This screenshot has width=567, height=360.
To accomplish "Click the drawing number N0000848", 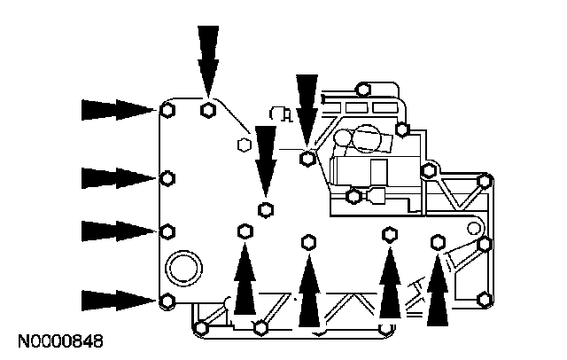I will pos(59,340).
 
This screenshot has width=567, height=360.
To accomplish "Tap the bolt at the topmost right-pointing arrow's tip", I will pos(167,110).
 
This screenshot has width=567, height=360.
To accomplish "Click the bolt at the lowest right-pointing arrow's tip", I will pos(167,301).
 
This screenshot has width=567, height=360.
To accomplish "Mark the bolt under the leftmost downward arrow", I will pos(207,110).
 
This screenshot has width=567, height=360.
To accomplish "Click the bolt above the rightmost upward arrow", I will pos(437,240).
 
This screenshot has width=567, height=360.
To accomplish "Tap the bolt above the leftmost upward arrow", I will pos(244,231).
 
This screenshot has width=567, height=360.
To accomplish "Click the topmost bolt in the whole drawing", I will pos(362,88).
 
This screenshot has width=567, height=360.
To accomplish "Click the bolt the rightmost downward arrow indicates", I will pos(307,159).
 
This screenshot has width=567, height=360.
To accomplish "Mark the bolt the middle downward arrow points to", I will pos(264,209).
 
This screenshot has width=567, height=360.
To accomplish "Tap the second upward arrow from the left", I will pos(308,289).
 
